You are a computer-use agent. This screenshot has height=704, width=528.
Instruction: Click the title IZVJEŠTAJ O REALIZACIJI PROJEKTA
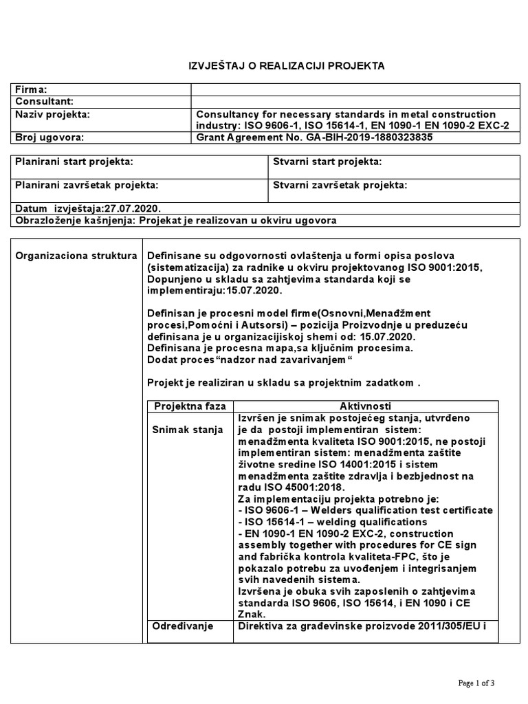pos(287,66)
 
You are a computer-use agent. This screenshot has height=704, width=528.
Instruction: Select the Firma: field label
pos(32,89)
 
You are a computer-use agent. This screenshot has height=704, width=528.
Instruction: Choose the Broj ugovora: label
pos(49,137)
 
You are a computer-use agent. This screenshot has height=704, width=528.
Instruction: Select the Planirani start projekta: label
pos(74,162)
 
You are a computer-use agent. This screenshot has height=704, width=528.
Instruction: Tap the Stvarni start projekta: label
pos(327,162)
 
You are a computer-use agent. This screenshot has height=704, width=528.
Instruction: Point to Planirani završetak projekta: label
pos(87,186)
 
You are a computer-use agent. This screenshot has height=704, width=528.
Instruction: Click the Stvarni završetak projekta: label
pos(340,186)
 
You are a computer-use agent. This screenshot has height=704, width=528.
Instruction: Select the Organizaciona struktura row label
pos(76,256)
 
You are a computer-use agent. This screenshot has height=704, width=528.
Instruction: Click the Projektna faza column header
pos(189,406)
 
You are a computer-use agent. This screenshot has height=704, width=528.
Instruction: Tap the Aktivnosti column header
pos(365,406)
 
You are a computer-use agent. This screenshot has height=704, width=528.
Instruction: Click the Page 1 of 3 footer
pos(476,683)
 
